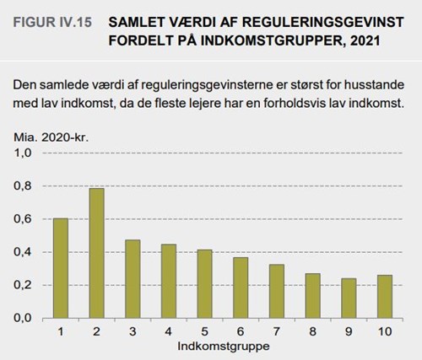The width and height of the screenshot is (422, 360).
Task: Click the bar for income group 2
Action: point(96,253)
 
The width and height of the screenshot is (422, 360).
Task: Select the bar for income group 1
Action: point(61,268)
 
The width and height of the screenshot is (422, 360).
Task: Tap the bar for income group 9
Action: point(349,298)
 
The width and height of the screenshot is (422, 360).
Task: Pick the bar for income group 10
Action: point(385,297)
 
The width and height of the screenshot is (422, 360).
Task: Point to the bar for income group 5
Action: point(204,284)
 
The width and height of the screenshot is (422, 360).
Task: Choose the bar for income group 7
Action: point(277,291)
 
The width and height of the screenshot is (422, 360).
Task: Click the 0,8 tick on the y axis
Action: point(23,186)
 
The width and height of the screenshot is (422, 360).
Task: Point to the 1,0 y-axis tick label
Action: point(23,153)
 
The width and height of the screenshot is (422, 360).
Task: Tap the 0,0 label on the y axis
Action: point(23,318)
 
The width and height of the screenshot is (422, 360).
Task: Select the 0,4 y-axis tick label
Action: point(23,252)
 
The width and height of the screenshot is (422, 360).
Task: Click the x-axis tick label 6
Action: point(241,331)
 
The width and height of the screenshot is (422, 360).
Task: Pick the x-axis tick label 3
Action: point(133,331)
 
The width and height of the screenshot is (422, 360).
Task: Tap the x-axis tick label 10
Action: point(385,331)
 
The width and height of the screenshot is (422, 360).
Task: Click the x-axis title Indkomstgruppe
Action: point(224,347)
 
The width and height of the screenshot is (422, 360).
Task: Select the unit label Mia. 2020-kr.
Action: point(51,137)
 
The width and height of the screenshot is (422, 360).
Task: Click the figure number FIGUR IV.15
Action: point(52,22)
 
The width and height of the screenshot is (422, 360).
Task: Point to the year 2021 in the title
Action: point(365,40)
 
